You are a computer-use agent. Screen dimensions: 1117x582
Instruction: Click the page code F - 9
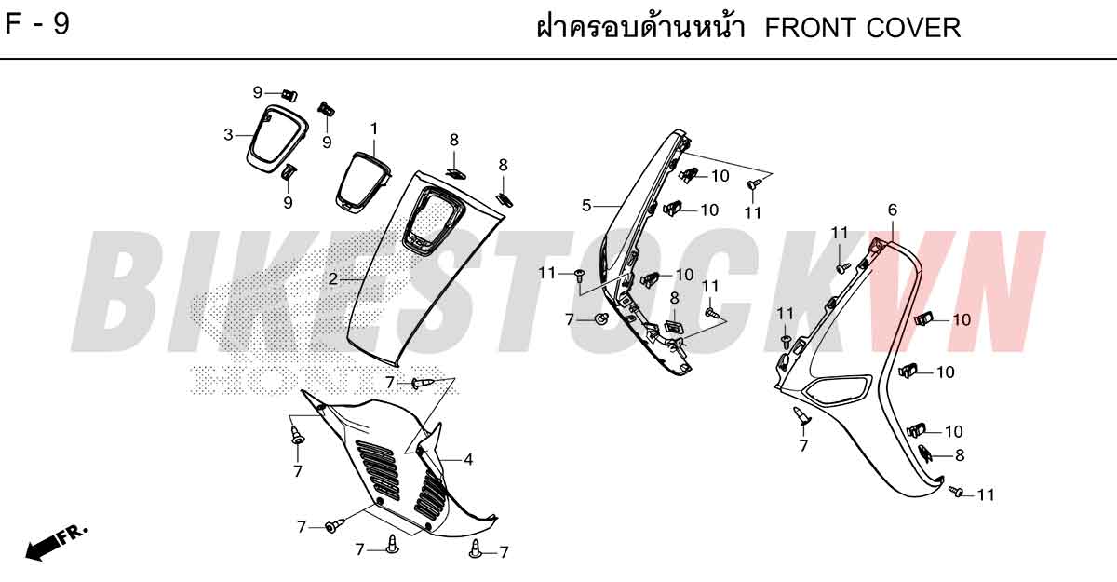pyautogui.click(x=37, y=24)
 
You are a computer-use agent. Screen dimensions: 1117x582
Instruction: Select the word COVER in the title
pyautogui.click(x=913, y=28)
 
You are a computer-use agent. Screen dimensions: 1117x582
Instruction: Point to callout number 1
pyautogui.click(x=374, y=129)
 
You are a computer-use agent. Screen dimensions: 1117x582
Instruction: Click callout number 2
pyautogui.click(x=333, y=279)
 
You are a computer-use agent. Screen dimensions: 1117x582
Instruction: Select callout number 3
pyautogui.click(x=228, y=135)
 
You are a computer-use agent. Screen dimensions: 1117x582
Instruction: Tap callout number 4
pyautogui.click(x=467, y=459)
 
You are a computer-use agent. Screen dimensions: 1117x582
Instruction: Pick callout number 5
pyautogui.click(x=586, y=206)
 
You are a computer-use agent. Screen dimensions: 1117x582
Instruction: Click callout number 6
pyautogui.click(x=893, y=210)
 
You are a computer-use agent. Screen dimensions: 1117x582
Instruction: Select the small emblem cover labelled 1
pyautogui.click(x=362, y=183)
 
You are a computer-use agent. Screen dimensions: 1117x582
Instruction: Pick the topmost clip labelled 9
pyautogui.click(x=289, y=94)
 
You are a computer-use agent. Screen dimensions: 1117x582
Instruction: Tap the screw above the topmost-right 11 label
pyautogui.click(x=753, y=183)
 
